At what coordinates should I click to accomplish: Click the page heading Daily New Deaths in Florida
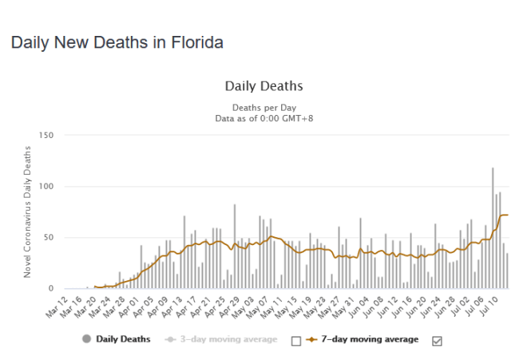(x=117, y=42)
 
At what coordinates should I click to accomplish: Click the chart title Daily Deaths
(x=263, y=86)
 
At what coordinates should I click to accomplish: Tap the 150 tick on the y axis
(x=46, y=136)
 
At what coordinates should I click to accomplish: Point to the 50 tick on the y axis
(x=48, y=238)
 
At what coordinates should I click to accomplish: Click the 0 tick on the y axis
(x=50, y=289)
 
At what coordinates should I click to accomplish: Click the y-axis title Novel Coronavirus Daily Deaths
(x=28, y=212)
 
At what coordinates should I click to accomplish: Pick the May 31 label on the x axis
(x=348, y=304)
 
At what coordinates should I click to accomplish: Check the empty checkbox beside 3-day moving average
(x=296, y=341)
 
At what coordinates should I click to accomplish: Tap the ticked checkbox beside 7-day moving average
(x=436, y=341)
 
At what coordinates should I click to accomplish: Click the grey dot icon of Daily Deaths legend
(x=86, y=339)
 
